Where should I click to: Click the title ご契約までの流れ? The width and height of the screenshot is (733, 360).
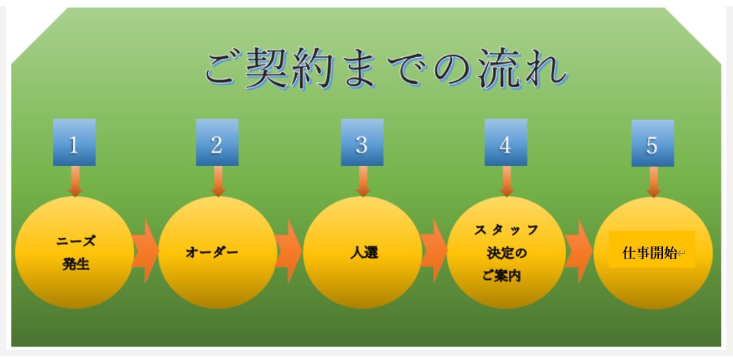(x=386, y=69)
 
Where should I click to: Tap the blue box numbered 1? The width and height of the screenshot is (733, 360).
(x=74, y=143)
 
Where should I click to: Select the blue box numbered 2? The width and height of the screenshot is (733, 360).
(x=217, y=143)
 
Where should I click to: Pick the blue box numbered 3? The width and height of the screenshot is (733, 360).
(x=361, y=143)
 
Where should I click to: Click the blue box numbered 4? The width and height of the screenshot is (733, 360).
(x=506, y=143)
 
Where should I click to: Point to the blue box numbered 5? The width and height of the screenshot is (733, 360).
(x=652, y=144)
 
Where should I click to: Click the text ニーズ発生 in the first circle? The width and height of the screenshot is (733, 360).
(x=76, y=252)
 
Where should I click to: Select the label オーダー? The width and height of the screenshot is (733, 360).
(x=212, y=252)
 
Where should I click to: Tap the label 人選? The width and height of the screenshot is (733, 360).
(x=363, y=252)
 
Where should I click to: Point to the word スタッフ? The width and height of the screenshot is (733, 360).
(x=506, y=230)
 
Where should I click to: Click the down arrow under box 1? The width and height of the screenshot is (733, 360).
(x=76, y=182)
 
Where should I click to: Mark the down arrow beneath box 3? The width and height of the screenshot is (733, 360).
(x=363, y=182)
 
